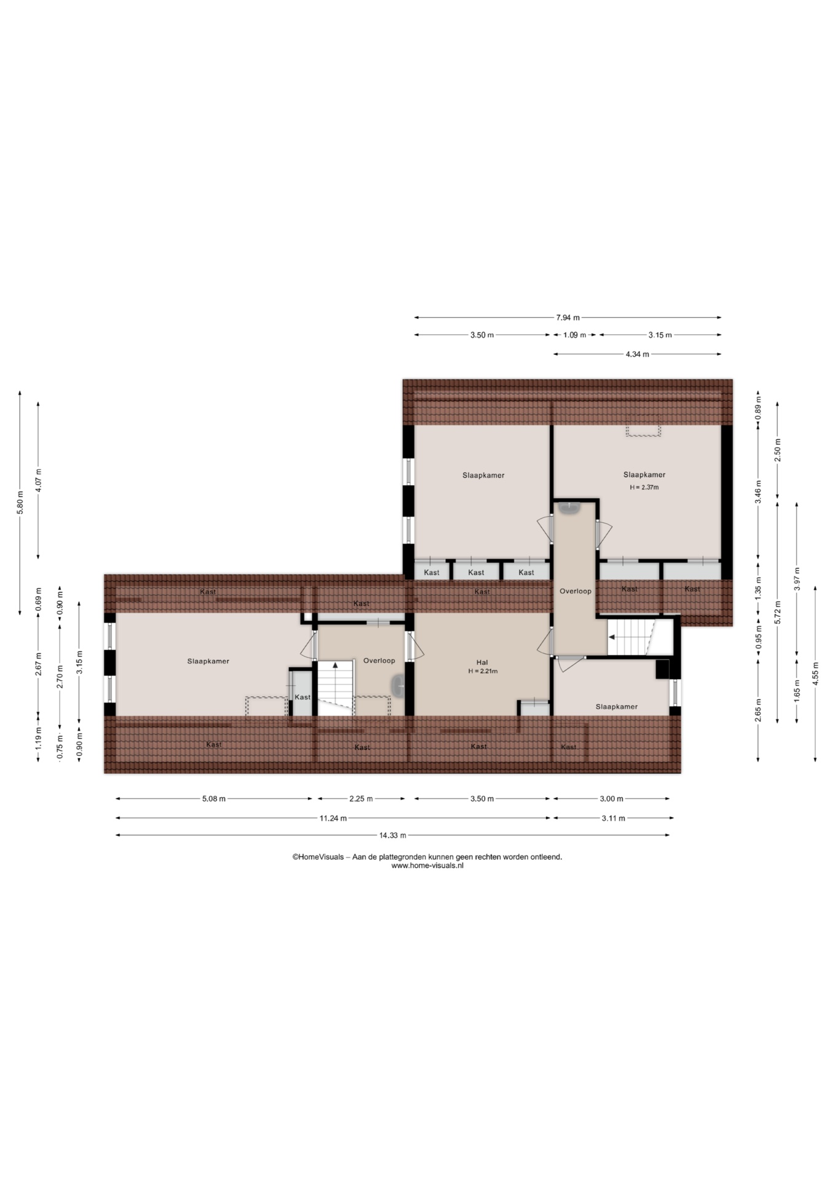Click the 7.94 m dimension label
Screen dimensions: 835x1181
568,318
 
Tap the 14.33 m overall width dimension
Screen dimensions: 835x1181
392,835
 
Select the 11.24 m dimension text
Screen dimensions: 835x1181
333,818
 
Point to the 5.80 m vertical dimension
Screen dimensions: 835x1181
20,502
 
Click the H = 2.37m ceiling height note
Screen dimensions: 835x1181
644,487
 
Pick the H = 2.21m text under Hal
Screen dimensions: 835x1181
483,671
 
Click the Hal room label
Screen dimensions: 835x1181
482,662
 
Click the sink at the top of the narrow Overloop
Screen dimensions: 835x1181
570,507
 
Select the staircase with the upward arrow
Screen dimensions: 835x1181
336,688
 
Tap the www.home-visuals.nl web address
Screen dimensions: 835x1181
427,865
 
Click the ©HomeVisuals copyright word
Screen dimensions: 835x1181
318,857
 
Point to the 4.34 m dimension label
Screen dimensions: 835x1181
637,354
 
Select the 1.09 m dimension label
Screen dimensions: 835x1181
574,335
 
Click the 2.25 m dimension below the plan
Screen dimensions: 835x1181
361,799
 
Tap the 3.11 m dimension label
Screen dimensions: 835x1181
613,818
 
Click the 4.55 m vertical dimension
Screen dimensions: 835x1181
816,674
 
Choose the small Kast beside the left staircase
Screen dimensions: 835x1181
303,693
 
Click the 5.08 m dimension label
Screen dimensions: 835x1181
213,799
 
